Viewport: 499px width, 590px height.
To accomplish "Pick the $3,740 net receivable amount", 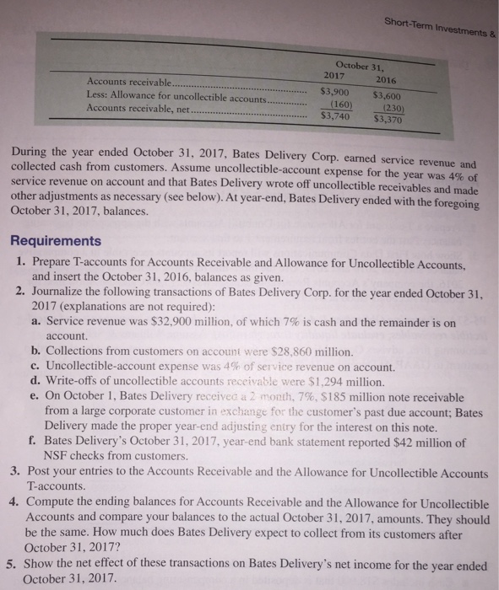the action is [341, 118].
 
